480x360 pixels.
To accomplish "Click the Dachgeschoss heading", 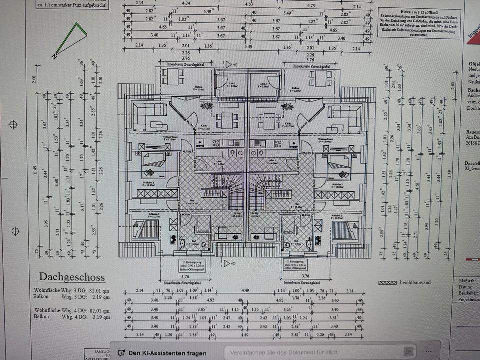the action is [x=72, y=277].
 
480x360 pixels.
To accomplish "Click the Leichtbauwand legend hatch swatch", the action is [x=388, y=282].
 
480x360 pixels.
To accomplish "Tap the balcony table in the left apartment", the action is [x=170, y=77].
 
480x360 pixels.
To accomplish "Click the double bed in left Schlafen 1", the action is [x=153, y=166].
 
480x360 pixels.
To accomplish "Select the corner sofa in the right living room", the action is [x=344, y=116].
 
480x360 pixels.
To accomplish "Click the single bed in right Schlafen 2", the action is [x=344, y=231].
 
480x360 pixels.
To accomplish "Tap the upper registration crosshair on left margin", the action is [x=15, y=124].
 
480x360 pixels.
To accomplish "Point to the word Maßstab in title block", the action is [x=466, y=281].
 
